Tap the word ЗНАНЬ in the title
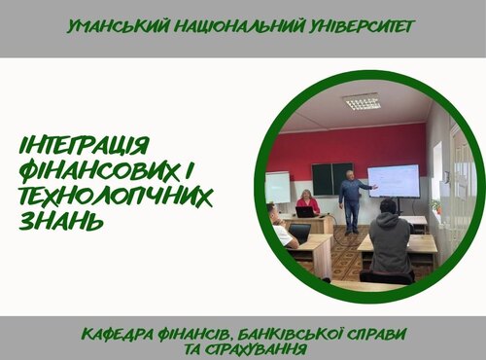(60, 223)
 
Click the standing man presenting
(351, 200)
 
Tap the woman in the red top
(308, 204)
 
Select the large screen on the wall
(393, 181)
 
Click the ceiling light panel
(361, 100)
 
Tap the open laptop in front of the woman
(305, 212)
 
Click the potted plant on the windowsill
(436, 206)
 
